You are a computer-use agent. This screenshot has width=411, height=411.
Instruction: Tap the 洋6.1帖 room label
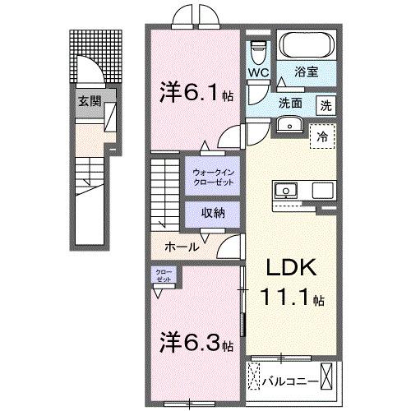[195, 93]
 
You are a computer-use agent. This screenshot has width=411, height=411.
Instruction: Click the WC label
[259, 72]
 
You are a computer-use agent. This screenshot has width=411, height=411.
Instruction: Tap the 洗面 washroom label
[290, 104]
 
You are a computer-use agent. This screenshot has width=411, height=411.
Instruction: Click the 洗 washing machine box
[326, 105]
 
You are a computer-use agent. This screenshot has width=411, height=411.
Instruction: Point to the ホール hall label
[181, 246]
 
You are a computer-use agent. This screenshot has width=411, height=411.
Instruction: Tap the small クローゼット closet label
[163, 276]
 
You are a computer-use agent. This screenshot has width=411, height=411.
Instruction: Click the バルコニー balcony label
[289, 381]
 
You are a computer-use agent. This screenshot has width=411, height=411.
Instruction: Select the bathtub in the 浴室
[305, 44]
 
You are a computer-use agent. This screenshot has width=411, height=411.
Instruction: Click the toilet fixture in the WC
[260, 50]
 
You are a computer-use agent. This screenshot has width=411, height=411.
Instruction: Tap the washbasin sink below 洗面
[289, 125]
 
